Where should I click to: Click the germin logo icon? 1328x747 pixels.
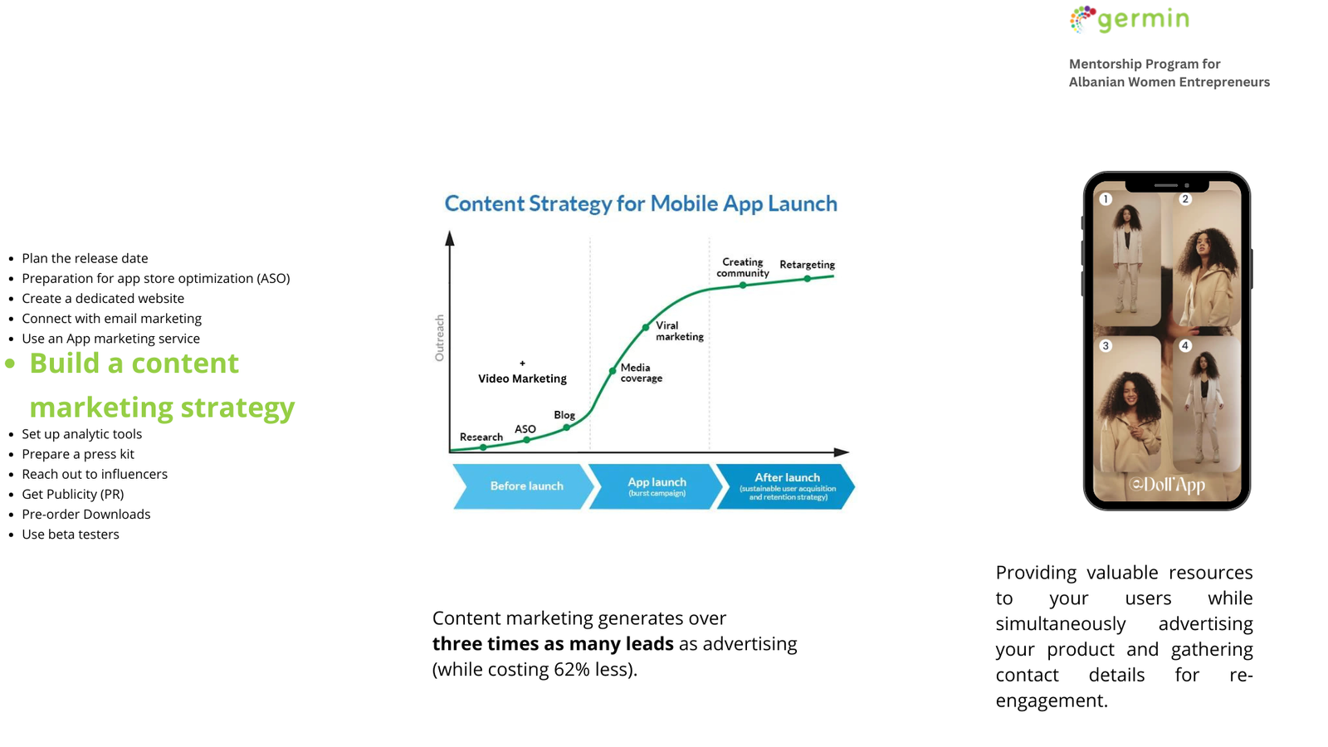(1082, 19)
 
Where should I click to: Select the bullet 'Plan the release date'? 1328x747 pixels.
(85, 258)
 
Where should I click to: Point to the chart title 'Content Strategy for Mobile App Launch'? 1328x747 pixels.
(641, 204)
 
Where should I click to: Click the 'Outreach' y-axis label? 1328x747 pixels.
(439, 338)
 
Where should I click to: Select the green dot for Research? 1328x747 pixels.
(483, 447)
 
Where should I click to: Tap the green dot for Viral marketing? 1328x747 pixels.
(646, 327)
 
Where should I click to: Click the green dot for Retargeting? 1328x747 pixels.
(807, 278)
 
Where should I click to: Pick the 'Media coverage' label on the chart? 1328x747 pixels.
(641, 373)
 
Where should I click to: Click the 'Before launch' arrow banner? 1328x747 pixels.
(523, 486)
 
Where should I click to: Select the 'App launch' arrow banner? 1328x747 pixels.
(656, 486)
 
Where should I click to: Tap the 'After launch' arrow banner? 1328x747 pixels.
(786, 486)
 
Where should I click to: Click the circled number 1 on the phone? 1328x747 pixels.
(1105, 199)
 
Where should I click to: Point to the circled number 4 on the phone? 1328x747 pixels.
(1185, 345)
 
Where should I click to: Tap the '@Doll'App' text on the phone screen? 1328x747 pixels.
(1167, 486)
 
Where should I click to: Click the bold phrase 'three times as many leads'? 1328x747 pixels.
(553, 644)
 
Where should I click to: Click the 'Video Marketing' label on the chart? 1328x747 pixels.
(522, 378)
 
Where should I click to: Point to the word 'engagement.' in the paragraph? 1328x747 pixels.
(1052, 701)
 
